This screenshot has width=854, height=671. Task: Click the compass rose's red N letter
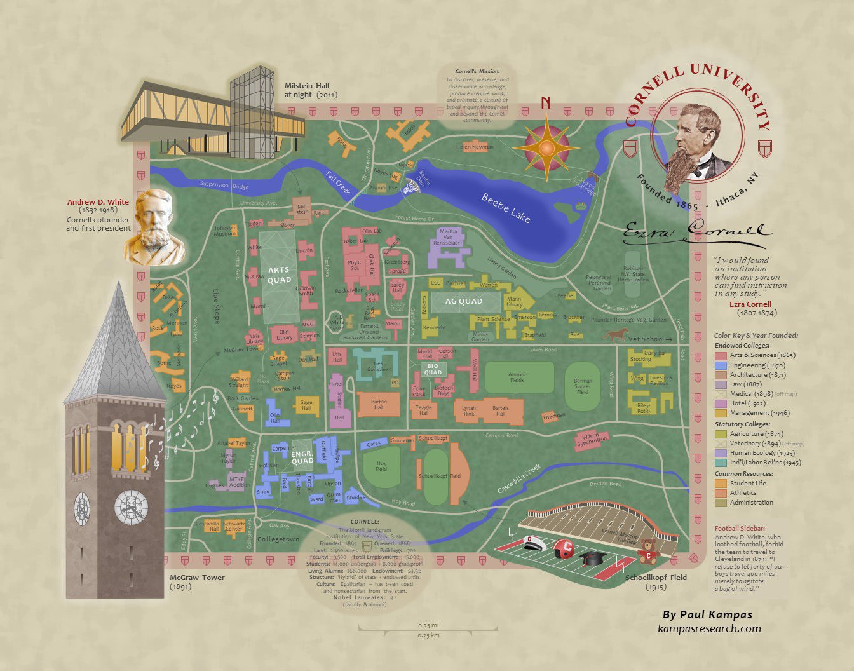coord(545,103)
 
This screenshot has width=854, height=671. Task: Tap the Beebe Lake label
coord(506,208)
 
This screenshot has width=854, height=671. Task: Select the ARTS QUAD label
coord(279,275)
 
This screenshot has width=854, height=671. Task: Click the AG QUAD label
coord(463,301)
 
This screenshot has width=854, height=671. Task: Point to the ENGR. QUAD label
coord(302,456)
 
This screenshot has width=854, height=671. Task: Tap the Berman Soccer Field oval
coord(583,386)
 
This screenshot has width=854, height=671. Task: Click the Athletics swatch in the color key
coord(721,492)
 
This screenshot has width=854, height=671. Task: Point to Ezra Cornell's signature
coord(696,233)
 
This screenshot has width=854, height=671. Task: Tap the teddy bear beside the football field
coord(647,551)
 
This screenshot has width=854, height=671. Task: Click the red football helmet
coord(564,548)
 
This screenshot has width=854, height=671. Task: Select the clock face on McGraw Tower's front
coord(131,506)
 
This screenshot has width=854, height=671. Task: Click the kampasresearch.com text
coord(709,628)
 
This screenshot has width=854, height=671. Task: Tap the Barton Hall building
coord(379,405)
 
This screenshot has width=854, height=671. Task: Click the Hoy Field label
coord(381,466)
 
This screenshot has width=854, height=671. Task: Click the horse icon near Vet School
coord(614,334)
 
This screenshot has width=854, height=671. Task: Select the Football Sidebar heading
coord(740,528)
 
